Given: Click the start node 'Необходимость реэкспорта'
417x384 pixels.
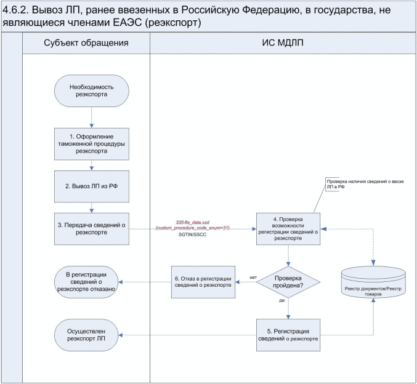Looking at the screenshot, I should point(91,92).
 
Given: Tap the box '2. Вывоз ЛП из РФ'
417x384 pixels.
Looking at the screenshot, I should point(91,185).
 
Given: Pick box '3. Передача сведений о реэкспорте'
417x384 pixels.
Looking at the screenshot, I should point(91,229).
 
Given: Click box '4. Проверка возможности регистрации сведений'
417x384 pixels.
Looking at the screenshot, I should point(288,229).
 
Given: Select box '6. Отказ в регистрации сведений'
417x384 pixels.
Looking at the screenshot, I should point(203,282).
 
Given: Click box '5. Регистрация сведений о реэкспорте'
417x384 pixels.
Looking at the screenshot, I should point(288,335).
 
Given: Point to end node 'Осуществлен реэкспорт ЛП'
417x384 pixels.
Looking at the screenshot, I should point(91,335).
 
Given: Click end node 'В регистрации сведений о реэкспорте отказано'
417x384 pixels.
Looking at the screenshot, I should point(91,282).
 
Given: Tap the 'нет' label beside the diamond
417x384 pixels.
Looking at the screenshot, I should point(253,276).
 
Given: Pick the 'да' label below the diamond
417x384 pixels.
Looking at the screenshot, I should point(281,301).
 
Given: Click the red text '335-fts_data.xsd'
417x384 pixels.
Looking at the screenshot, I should point(193,222).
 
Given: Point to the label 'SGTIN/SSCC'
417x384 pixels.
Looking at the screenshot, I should point(193,235).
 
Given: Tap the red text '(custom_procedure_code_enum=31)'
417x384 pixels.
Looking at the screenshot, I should point(193,228).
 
